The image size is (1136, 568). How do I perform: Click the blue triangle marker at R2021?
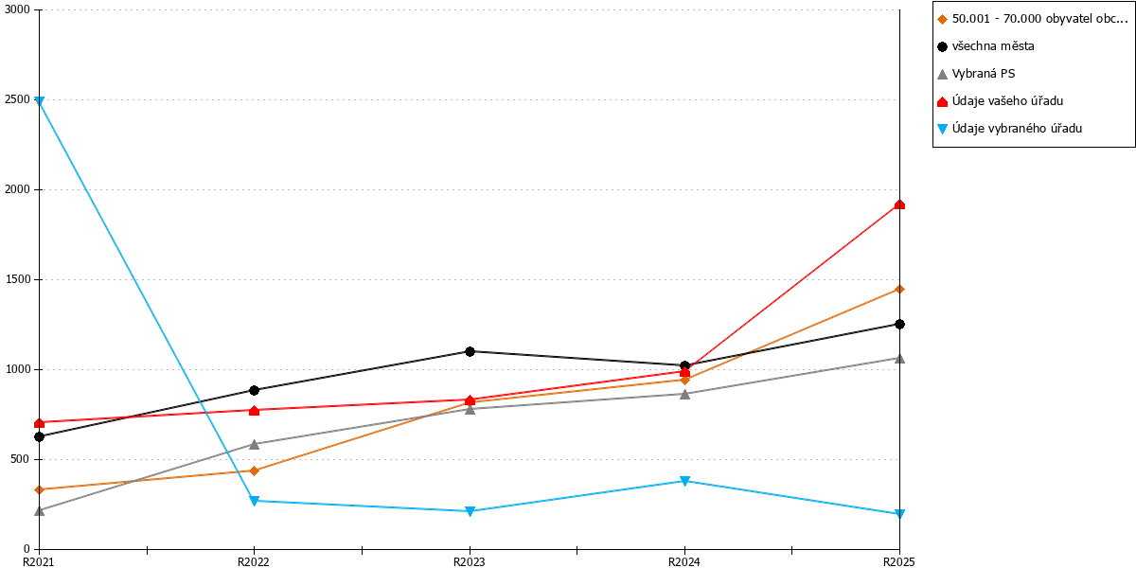40,101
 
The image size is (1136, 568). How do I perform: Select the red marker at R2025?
899,204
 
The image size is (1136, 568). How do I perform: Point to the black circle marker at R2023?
470,351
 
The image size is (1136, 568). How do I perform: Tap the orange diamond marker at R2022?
255,470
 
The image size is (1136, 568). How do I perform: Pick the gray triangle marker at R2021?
40,510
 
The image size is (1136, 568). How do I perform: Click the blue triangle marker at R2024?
684,481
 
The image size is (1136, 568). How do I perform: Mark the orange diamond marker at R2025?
899,289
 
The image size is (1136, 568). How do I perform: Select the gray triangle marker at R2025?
899,359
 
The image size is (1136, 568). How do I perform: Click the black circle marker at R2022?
255,390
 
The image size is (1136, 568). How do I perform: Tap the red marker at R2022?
255,410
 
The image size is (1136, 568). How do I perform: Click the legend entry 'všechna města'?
993,46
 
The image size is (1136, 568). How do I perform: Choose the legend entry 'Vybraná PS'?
984,74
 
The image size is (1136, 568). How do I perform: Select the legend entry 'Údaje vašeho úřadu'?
1007,101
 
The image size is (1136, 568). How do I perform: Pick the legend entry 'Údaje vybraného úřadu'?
1017,129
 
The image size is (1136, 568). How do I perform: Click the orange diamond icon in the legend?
942,19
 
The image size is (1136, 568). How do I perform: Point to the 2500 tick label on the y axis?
18,99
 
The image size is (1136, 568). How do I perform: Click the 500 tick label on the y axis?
21,459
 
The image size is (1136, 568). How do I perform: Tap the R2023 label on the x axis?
470,562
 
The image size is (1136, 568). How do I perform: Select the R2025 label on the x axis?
899,562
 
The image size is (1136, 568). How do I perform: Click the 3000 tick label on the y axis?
18,9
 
